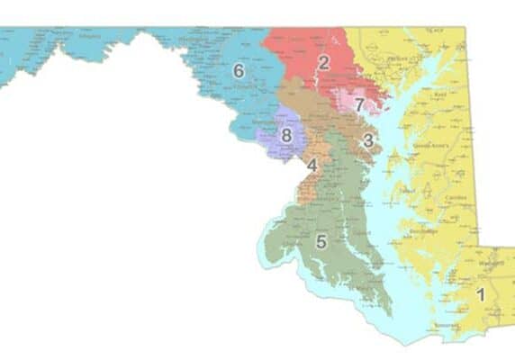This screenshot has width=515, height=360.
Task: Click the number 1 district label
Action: point(480,293)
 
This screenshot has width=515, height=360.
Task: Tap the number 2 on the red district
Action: point(323,62)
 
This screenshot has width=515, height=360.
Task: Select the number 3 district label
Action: point(367,140)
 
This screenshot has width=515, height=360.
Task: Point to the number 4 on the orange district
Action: point(312,166)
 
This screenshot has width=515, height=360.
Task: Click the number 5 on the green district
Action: point(321,241)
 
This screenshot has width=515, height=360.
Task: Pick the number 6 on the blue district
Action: point(239,69)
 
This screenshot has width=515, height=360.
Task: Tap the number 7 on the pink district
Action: point(358,104)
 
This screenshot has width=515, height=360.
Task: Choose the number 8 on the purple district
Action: point(286,136)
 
